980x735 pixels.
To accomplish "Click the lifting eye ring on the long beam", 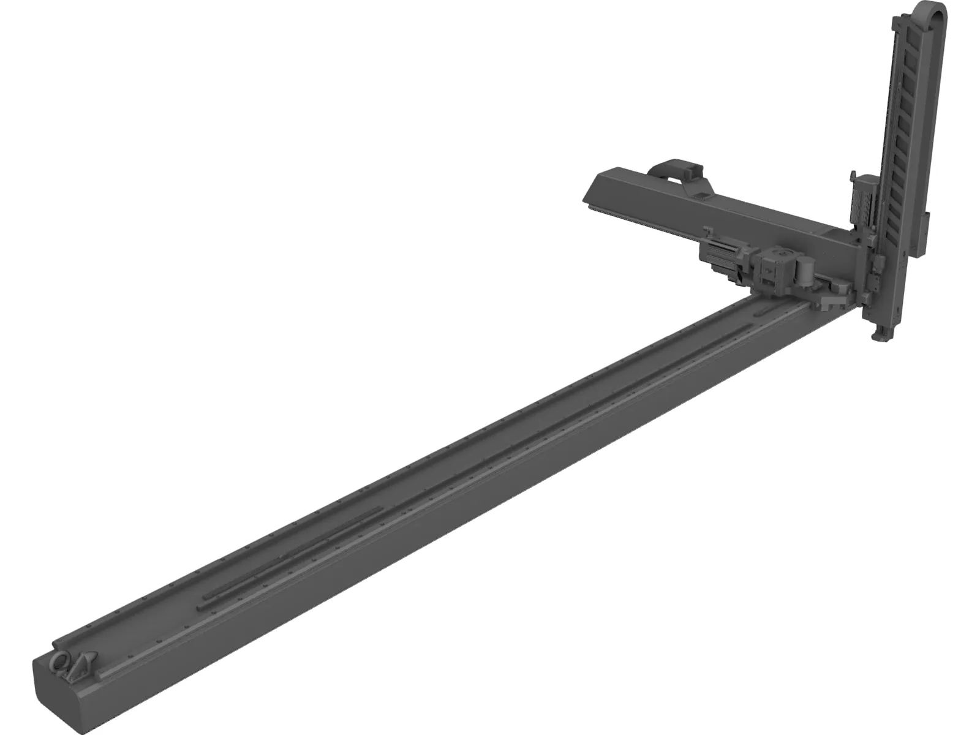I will click(62, 661).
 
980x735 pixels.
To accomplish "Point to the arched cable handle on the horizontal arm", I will click(676, 167).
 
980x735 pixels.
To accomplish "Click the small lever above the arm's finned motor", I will click(709, 231).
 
